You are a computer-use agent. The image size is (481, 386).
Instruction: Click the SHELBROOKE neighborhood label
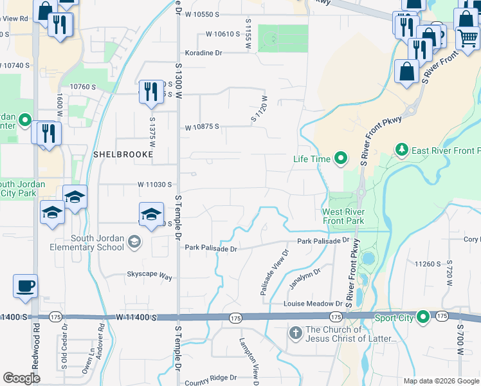(123, 155)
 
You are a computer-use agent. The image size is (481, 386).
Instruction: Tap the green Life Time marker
(341, 158)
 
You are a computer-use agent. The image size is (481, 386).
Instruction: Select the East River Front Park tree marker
(402, 151)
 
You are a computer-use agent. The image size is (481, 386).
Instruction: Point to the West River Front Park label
(343, 217)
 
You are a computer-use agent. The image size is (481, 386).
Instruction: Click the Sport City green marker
(423, 317)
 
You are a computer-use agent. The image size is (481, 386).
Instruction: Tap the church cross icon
(295, 333)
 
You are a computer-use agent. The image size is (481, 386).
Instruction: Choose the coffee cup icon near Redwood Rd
(25, 286)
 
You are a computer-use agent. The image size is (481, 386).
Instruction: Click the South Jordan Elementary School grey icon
(134, 242)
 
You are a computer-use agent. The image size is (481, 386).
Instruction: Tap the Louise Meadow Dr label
(314, 303)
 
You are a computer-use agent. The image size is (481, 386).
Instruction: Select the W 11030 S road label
(155, 184)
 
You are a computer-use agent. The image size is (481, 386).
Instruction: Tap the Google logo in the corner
(22, 378)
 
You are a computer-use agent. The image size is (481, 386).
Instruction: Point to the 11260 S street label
(427, 264)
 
